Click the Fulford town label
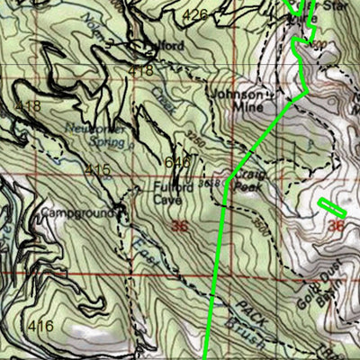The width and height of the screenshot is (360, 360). [x=172, y=45]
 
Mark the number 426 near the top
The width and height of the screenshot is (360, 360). [x=194, y=15]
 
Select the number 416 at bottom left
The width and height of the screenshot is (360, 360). [x=40, y=325]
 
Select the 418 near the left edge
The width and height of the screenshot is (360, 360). [x=29, y=107]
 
